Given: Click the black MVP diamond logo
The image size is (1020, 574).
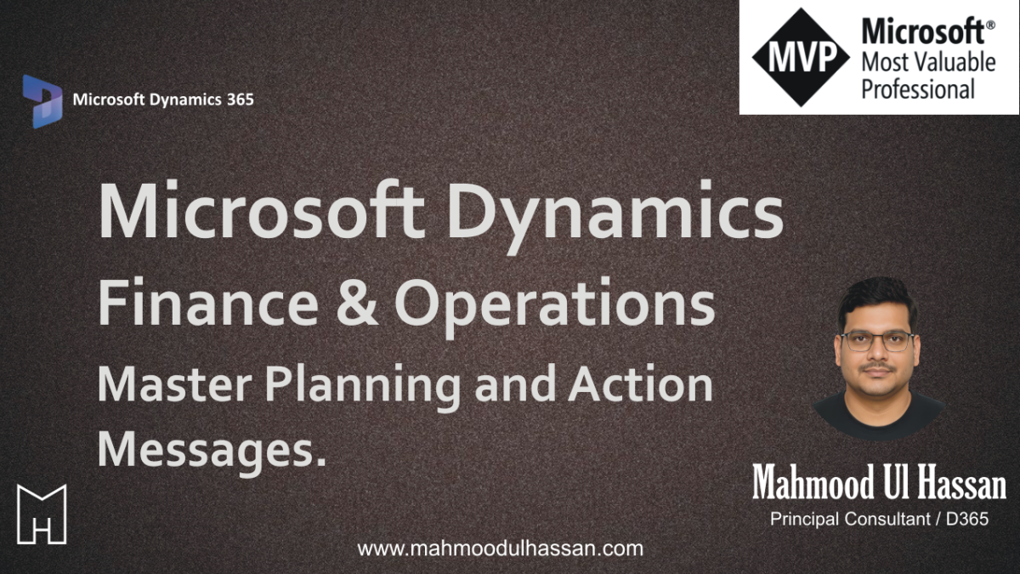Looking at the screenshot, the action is [x=801, y=58].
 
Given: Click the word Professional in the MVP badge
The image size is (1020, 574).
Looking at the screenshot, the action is [x=918, y=88].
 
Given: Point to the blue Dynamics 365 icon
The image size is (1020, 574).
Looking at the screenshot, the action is [x=42, y=101].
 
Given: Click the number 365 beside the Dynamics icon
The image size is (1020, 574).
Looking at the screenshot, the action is [x=240, y=99].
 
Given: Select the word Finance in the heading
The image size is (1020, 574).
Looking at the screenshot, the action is [x=208, y=303].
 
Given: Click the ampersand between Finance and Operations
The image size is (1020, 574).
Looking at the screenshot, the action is [x=356, y=303].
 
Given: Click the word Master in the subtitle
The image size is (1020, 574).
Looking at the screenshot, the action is [x=174, y=385].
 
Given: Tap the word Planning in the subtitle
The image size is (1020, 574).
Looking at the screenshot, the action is [x=363, y=387].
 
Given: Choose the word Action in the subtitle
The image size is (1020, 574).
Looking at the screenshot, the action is [x=640, y=384].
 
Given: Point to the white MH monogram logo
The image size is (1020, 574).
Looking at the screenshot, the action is [x=42, y=514].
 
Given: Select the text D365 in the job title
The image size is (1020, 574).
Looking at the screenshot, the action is [x=967, y=519].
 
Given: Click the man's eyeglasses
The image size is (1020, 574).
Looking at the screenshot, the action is [x=877, y=342].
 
